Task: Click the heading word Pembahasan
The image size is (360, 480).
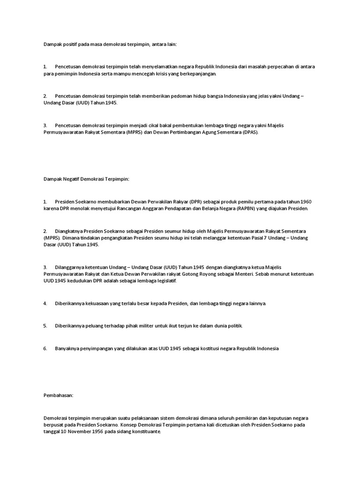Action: click(59, 395)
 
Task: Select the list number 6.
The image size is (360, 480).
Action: click(45, 348)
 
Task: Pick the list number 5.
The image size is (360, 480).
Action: click(45, 326)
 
